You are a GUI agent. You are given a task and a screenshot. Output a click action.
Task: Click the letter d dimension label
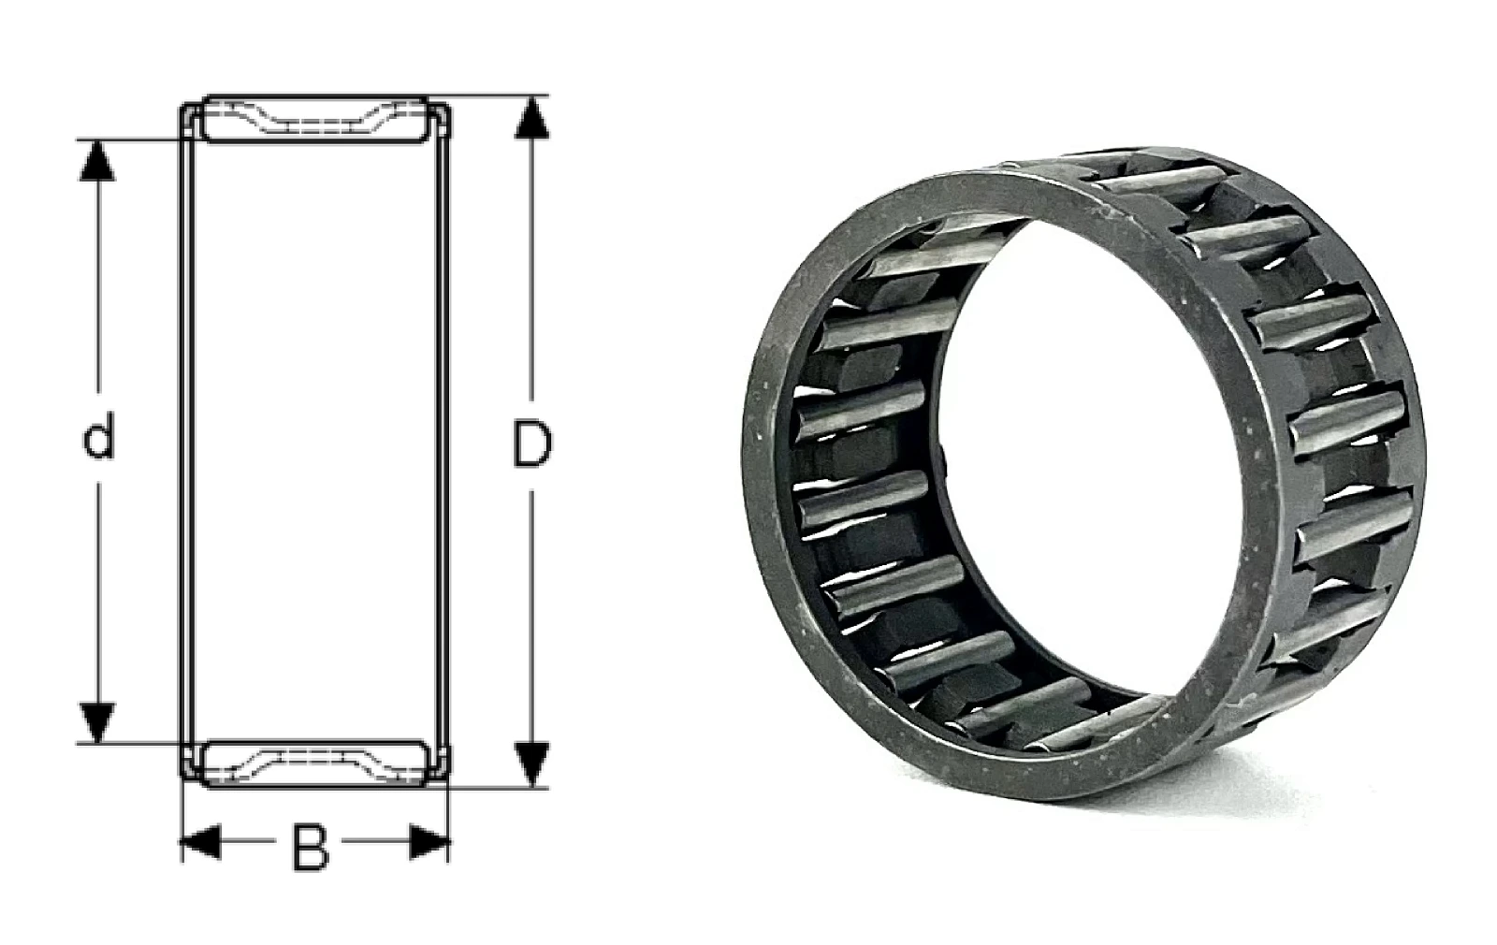tap(98, 436)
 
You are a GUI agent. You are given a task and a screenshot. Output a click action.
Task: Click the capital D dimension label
tap(532, 443)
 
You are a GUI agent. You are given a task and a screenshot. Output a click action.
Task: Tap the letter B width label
tap(311, 848)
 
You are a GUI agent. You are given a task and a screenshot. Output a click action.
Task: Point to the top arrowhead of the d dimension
tap(97, 161)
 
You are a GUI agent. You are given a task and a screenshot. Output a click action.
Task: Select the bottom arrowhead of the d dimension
tap(97, 722)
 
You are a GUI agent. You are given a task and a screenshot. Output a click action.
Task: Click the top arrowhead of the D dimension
tap(532, 118)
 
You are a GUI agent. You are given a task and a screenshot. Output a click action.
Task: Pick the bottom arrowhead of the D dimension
tap(532, 764)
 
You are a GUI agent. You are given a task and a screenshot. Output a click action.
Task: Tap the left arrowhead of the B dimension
tap(200, 841)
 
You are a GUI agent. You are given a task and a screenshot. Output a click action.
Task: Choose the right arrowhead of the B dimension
tap(429, 841)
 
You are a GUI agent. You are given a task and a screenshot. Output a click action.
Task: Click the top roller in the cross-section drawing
tap(314, 120)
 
